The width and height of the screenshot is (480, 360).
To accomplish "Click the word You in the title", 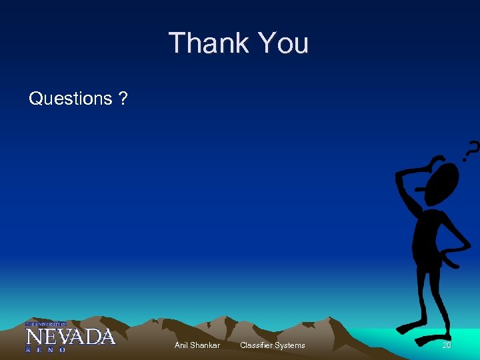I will point(283,43).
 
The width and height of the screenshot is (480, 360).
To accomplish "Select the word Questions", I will point(71,99).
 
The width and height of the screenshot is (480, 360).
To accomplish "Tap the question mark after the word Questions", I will point(123,99).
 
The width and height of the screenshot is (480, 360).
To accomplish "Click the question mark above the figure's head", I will point(471,152).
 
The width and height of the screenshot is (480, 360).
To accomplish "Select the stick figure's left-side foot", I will point(407,329).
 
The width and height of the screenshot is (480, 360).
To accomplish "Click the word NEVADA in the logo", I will point(70,336).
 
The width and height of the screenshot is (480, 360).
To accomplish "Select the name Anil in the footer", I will point(181,345).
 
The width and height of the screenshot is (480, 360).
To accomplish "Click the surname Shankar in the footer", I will point(205,345).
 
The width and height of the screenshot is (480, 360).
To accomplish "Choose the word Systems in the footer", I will point(291,345).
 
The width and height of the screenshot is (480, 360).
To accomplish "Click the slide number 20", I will point(447,345).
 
